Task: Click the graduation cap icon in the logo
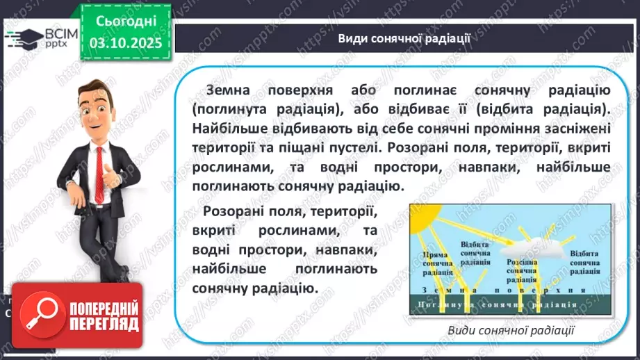pos(18,35)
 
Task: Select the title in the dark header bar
pos(404,38)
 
